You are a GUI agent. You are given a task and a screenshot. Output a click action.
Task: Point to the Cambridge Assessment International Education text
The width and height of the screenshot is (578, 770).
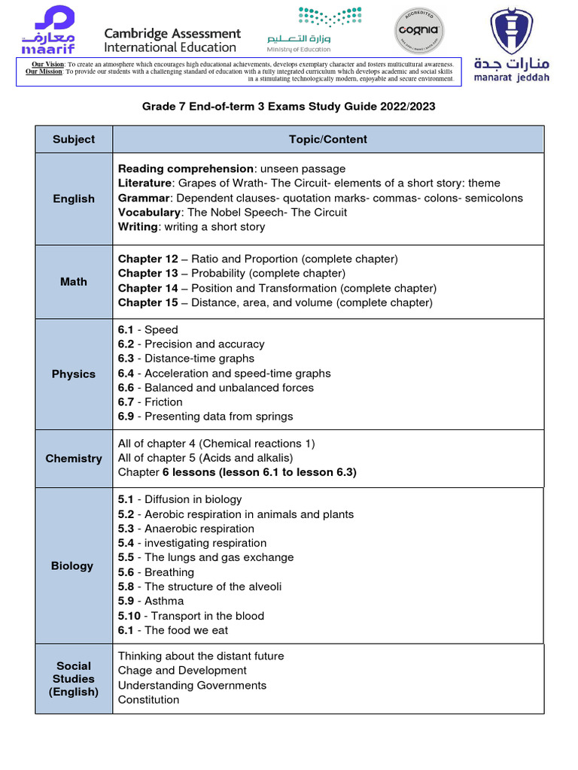pyautogui.click(x=172, y=41)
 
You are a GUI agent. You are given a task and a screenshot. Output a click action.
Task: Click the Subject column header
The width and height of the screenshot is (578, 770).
pyautogui.click(x=74, y=139)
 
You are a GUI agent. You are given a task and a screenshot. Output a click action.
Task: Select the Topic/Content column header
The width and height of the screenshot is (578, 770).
pyautogui.click(x=328, y=139)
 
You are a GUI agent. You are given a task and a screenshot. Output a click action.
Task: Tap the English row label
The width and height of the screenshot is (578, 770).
pyautogui.click(x=74, y=199)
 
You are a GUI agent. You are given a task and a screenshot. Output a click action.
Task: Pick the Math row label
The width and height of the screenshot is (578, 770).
pyautogui.click(x=74, y=281)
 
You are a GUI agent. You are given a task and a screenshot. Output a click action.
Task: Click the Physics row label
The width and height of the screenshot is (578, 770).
pyautogui.click(x=74, y=374)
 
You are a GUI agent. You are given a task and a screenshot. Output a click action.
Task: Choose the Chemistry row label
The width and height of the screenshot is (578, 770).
pyautogui.click(x=74, y=458)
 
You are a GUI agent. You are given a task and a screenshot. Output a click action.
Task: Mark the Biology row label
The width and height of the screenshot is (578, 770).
pyautogui.click(x=72, y=565)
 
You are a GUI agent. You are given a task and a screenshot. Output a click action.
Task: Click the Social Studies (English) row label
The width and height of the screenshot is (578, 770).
pyautogui.click(x=74, y=679)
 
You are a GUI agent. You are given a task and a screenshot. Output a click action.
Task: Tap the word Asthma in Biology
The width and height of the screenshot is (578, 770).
pyautogui.click(x=164, y=602)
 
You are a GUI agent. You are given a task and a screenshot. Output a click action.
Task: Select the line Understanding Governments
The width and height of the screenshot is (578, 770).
pyautogui.click(x=192, y=686)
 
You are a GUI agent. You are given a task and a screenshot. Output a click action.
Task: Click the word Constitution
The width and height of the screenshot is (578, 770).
pyautogui.click(x=148, y=700)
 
